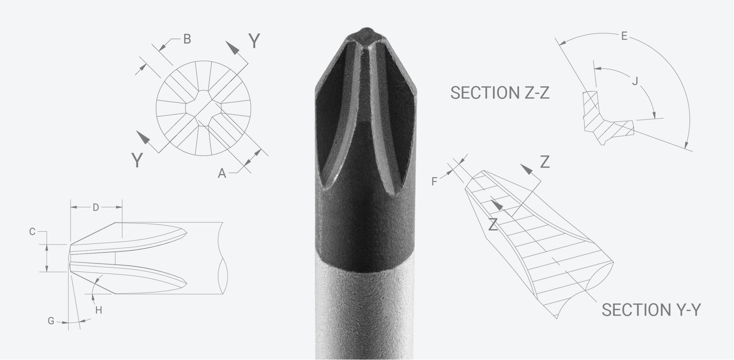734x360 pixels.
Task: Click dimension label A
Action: [x=222, y=174]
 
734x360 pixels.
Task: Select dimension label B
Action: [x=187, y=39]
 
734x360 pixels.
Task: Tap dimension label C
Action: [x=32, y=232]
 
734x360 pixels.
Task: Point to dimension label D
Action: [x=96, y=207]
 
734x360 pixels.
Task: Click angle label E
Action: [x=624, y=36]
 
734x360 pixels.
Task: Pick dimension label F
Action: [x=434, y=181]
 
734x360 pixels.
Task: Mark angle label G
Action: [x=51, y=321]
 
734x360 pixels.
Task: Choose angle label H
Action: [x=98, y=310]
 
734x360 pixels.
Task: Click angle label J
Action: [x=635, y=81]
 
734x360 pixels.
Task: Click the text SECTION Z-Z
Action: [x=499, y=93]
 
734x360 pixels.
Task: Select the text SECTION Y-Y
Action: [x=651, y=310]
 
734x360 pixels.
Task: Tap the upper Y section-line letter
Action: [x=254, y=42]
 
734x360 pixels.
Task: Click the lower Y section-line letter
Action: [x=137, y=161]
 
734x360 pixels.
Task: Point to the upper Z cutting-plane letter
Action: [x=544, y=163]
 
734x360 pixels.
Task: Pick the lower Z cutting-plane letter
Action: [x=493, y=224]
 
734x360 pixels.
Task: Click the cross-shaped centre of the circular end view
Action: [x=204, y=108]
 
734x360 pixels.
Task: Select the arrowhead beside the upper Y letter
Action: [x=233, y=48]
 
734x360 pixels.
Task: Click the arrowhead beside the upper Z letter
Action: [x=527, y=169]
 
